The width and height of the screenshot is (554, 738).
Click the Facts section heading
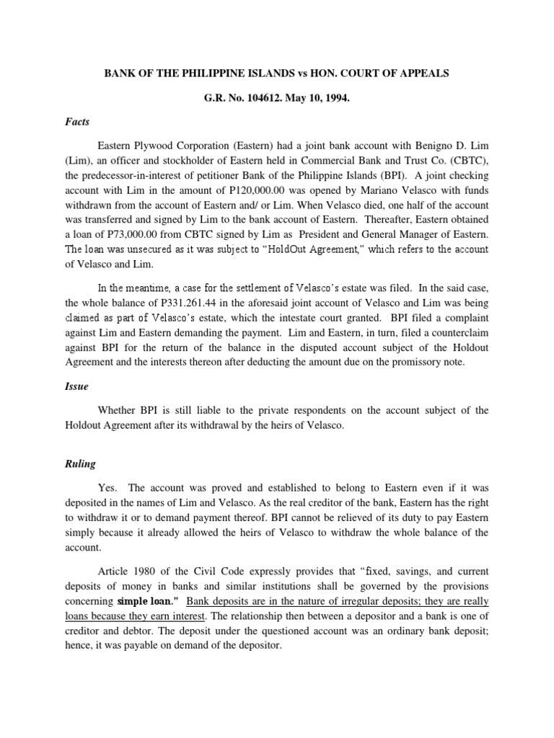tap(77, 123)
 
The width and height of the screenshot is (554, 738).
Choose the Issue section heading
tap(76, 386)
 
